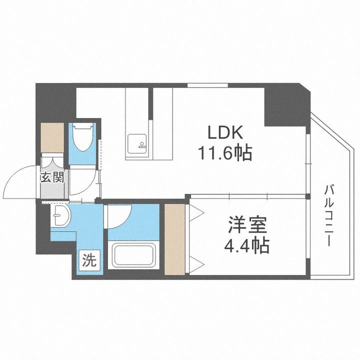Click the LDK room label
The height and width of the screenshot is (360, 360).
pos(225,133)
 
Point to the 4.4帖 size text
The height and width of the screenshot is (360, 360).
pos(248,245)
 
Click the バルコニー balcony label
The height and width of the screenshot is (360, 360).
pos(329,215)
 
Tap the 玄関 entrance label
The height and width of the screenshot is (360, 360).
pos(52,177)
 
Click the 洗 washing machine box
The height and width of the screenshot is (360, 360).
pos(88,260)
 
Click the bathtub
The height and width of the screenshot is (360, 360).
pos(134,255)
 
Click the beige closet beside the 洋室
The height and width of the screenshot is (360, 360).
pos(174,238)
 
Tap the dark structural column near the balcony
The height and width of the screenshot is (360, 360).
pos(286,105)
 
